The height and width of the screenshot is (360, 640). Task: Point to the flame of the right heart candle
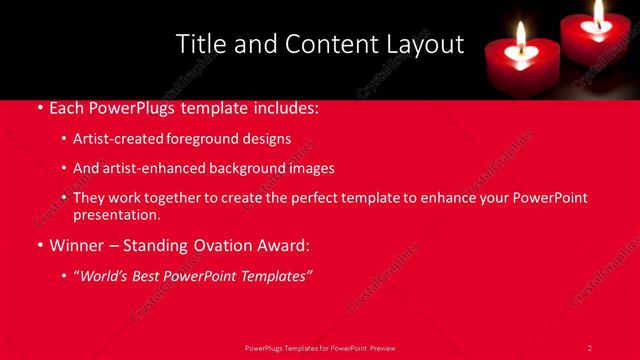pyautogui.click(x=598, y=13)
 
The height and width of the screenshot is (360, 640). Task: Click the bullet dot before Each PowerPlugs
pyautogui.click(x=39, y=107)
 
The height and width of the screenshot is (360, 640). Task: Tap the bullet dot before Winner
pyautogui.click(x=39, y=245)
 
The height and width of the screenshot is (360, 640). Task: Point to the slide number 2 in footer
pyautogui.click(x=590, y=348)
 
